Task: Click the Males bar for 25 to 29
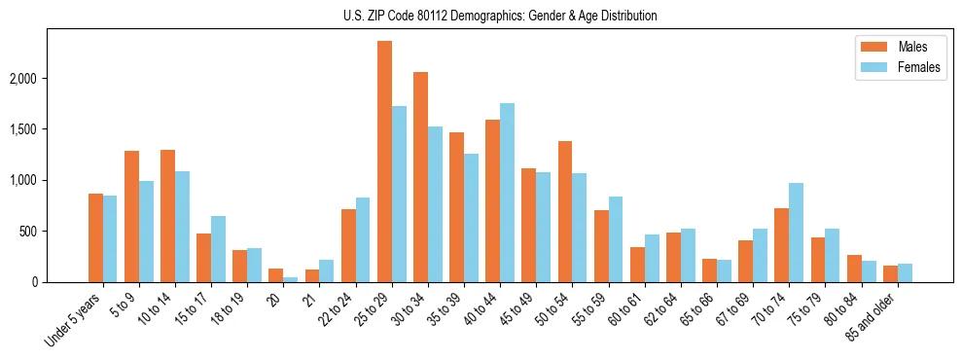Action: [384, 162]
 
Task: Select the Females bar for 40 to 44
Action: [507, 193]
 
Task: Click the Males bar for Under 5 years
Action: [95, 238]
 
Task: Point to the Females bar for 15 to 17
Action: [218, 249]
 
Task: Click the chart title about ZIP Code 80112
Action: [500, 16]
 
